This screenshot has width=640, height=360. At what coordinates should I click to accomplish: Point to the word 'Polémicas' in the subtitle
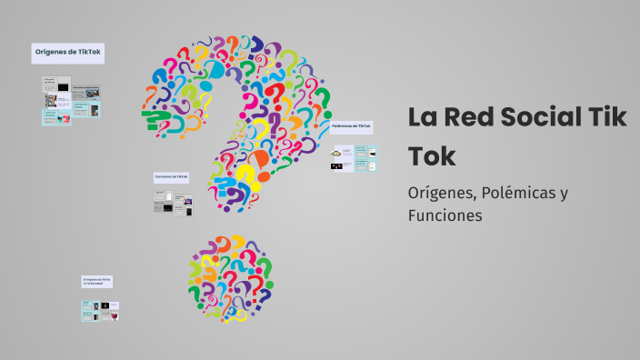[x=531, y=193]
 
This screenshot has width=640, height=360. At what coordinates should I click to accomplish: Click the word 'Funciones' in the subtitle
[x=445, y=216]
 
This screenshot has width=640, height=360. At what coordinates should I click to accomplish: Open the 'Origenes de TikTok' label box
[x=67, y=54]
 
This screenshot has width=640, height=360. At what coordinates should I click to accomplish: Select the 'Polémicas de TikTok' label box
[x=351, y=126]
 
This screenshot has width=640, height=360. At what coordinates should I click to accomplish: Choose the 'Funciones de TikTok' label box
[x=171, y=176]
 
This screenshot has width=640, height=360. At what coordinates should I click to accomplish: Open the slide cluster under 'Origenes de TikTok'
[x=69, y=101]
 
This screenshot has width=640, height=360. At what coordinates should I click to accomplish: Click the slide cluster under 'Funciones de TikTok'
[x=173, y=202]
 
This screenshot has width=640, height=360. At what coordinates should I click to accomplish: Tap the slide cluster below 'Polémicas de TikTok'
[x=353, y=158]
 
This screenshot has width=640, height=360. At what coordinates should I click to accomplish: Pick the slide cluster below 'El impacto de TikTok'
[x=99, y=311]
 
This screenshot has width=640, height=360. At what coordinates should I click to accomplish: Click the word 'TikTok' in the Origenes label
[x=89, y=54]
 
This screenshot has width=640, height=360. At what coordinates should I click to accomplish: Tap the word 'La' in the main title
[x=421, y=118]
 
